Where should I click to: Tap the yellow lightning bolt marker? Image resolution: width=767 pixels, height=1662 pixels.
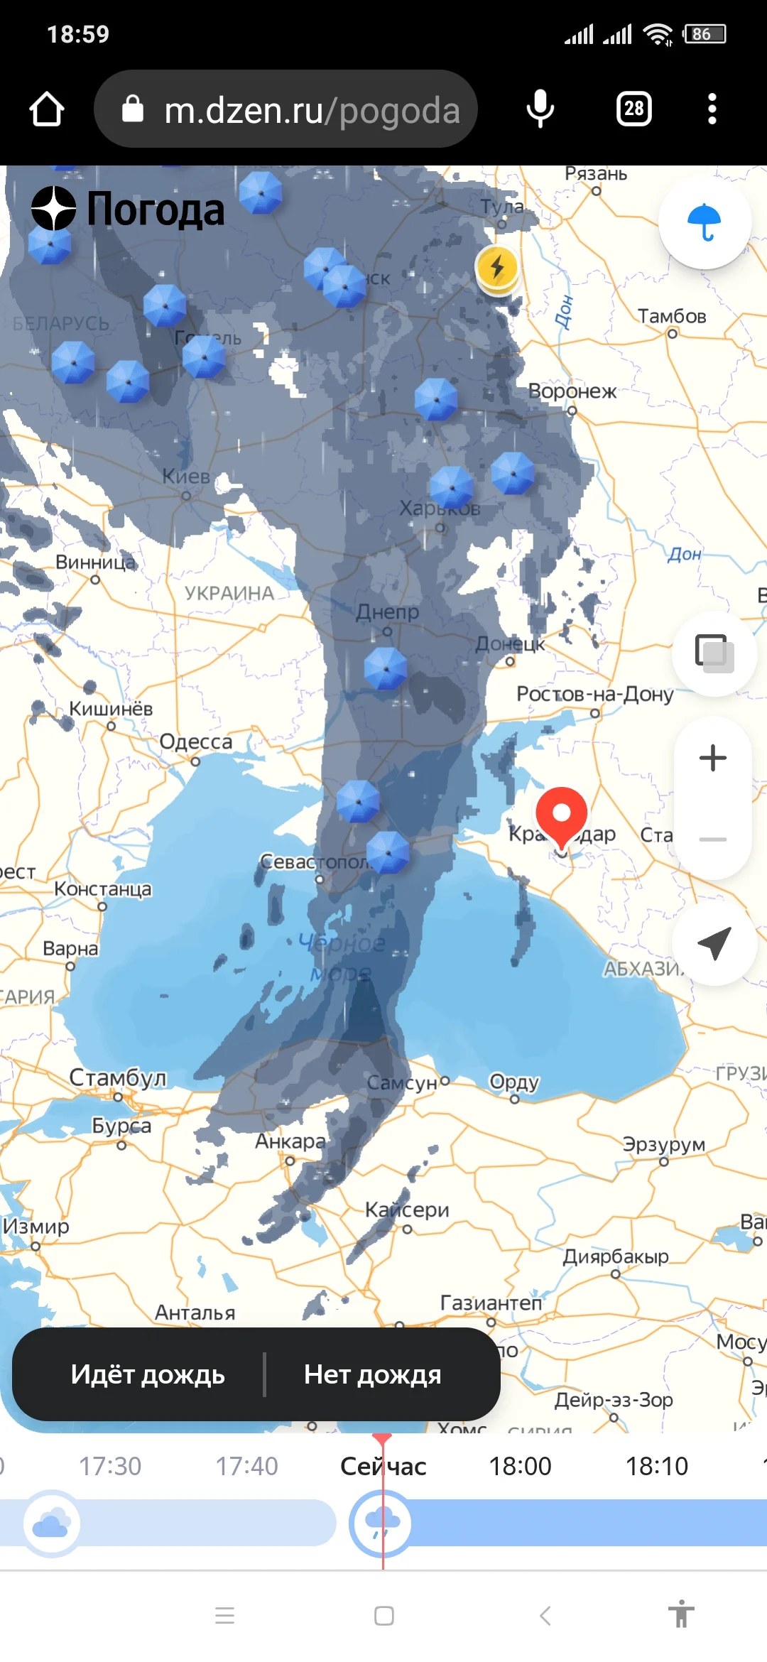[x=497, y=268]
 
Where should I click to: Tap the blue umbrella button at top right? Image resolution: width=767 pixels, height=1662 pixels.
[x=705, y=223]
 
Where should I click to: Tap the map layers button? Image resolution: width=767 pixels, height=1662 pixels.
[x=714, y=652]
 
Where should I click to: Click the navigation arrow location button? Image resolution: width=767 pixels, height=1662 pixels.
[x=714, y=943]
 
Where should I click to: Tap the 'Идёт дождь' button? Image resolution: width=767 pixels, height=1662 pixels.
[x=148, y=1374]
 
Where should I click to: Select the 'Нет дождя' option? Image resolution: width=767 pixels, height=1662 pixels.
[x=373, y=1374]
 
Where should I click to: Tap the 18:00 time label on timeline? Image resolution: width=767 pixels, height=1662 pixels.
[x=520, y=1466]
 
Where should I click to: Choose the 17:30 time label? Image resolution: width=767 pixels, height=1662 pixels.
[x=110, y=1466]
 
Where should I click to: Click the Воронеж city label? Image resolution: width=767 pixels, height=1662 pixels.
[x=572, y=391]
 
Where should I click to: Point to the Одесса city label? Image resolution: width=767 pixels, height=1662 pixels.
[x=196, y=742]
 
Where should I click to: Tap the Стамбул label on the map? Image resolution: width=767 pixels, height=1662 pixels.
[x=118, y=1077]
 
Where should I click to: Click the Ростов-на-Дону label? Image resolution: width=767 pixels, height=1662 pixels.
[x=595, y=694]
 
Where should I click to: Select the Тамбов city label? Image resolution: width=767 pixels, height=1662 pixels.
[x=672, y=316]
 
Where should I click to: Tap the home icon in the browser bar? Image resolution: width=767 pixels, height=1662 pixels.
[x=47, y=109]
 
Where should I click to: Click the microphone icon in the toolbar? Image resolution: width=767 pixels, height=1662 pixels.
[x=540, y=109]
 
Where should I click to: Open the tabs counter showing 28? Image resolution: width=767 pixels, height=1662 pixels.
[x=634, y=109]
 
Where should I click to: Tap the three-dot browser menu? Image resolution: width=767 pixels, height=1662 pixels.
[x=712, y=109]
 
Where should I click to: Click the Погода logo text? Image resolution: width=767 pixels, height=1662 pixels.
[x=155, y=210]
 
